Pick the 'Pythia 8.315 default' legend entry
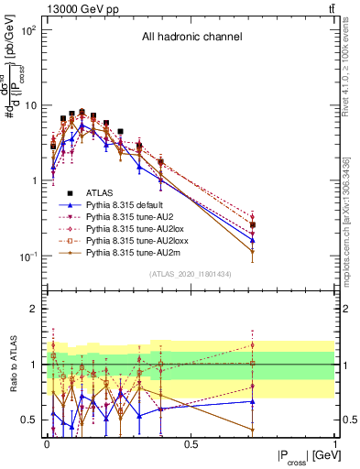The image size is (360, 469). click(x=133, y=205)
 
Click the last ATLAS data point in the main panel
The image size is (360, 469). click(x=252, y=224)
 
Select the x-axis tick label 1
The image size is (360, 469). click(x=335, y=443)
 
